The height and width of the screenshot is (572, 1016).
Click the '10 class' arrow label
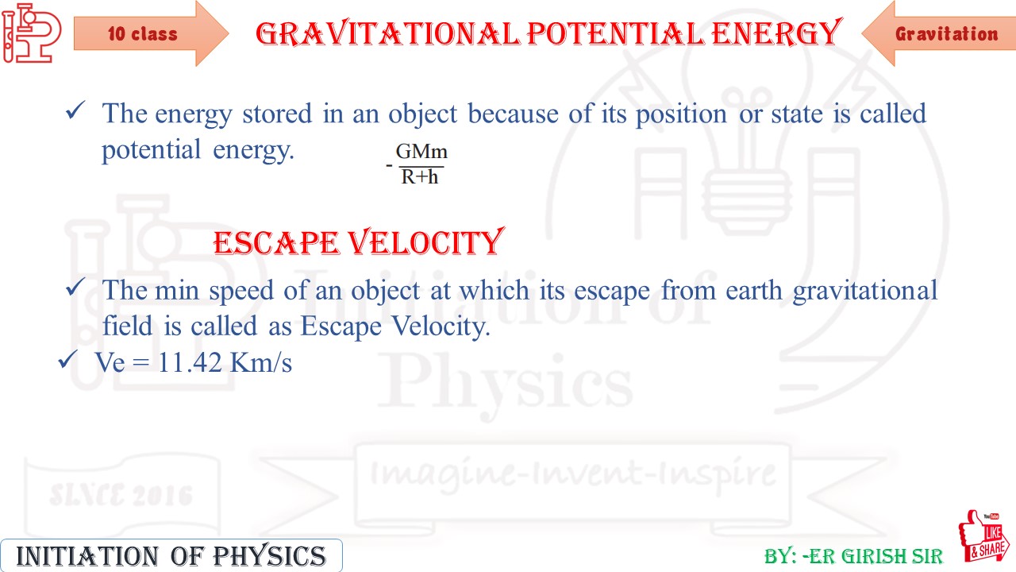(143, 34)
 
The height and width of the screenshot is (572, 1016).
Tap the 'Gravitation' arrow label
(946, 34)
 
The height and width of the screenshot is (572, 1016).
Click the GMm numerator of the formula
(421, 152)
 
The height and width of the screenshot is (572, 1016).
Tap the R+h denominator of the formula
(420, 177)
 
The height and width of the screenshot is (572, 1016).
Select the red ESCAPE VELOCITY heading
(358, 242)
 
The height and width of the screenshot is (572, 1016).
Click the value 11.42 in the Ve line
(190, 363)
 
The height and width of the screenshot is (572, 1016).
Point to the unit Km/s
(261, 363)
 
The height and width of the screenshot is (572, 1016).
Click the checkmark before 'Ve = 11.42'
(67, 361)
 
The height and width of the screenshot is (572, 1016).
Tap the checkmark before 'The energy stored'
(75, 112)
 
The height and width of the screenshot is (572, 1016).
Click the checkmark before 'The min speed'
(75, 288)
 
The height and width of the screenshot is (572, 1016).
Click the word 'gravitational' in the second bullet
(865, 290)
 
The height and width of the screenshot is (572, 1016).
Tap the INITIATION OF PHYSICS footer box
(171, 555)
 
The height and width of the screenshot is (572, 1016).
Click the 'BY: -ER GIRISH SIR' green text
(853, 555)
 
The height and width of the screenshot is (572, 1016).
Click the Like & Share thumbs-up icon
(983, 539)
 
